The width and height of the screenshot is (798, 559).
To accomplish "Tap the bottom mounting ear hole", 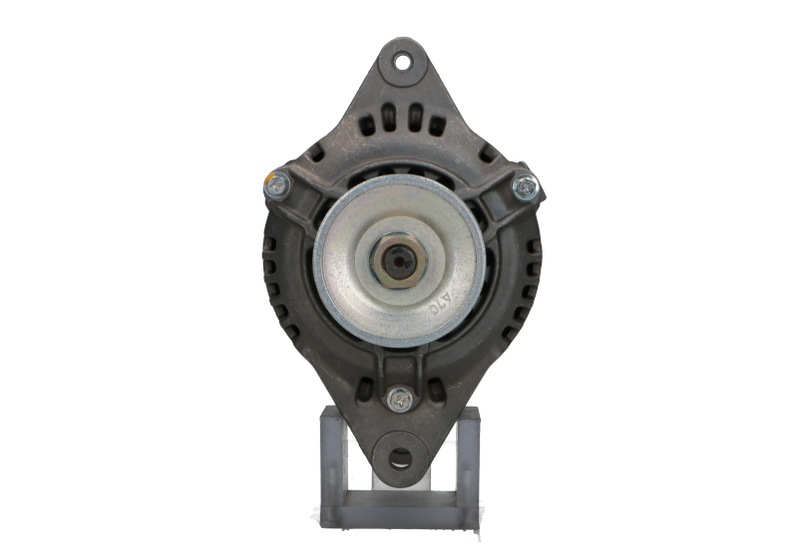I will (400, 457).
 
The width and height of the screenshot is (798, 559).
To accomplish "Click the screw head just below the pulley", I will (399, 396).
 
